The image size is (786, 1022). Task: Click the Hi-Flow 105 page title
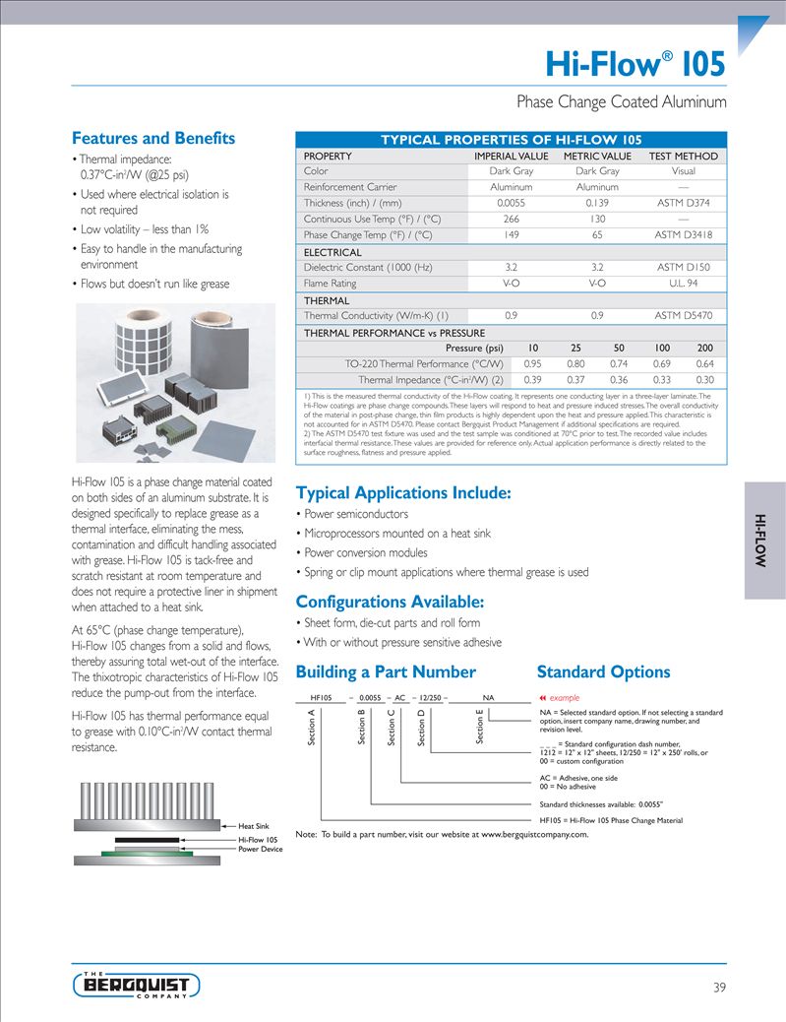635,64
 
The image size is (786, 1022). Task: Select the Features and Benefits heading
153,139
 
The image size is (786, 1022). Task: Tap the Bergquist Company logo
137,984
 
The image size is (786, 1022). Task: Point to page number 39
719,987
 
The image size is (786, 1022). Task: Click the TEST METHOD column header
683,157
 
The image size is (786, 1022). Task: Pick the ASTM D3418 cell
683,235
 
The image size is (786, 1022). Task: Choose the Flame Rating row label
331,283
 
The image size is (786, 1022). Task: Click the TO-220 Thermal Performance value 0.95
533,363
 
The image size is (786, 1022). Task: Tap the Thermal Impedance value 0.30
704,379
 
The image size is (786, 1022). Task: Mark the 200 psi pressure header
704,348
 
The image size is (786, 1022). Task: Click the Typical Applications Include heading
403,492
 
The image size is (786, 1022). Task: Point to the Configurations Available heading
390,602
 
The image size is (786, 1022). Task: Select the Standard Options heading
603,672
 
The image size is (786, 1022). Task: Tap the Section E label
480,726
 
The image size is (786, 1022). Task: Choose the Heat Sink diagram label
253,825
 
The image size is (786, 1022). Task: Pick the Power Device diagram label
260,849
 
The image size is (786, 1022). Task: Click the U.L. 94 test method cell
683,283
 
